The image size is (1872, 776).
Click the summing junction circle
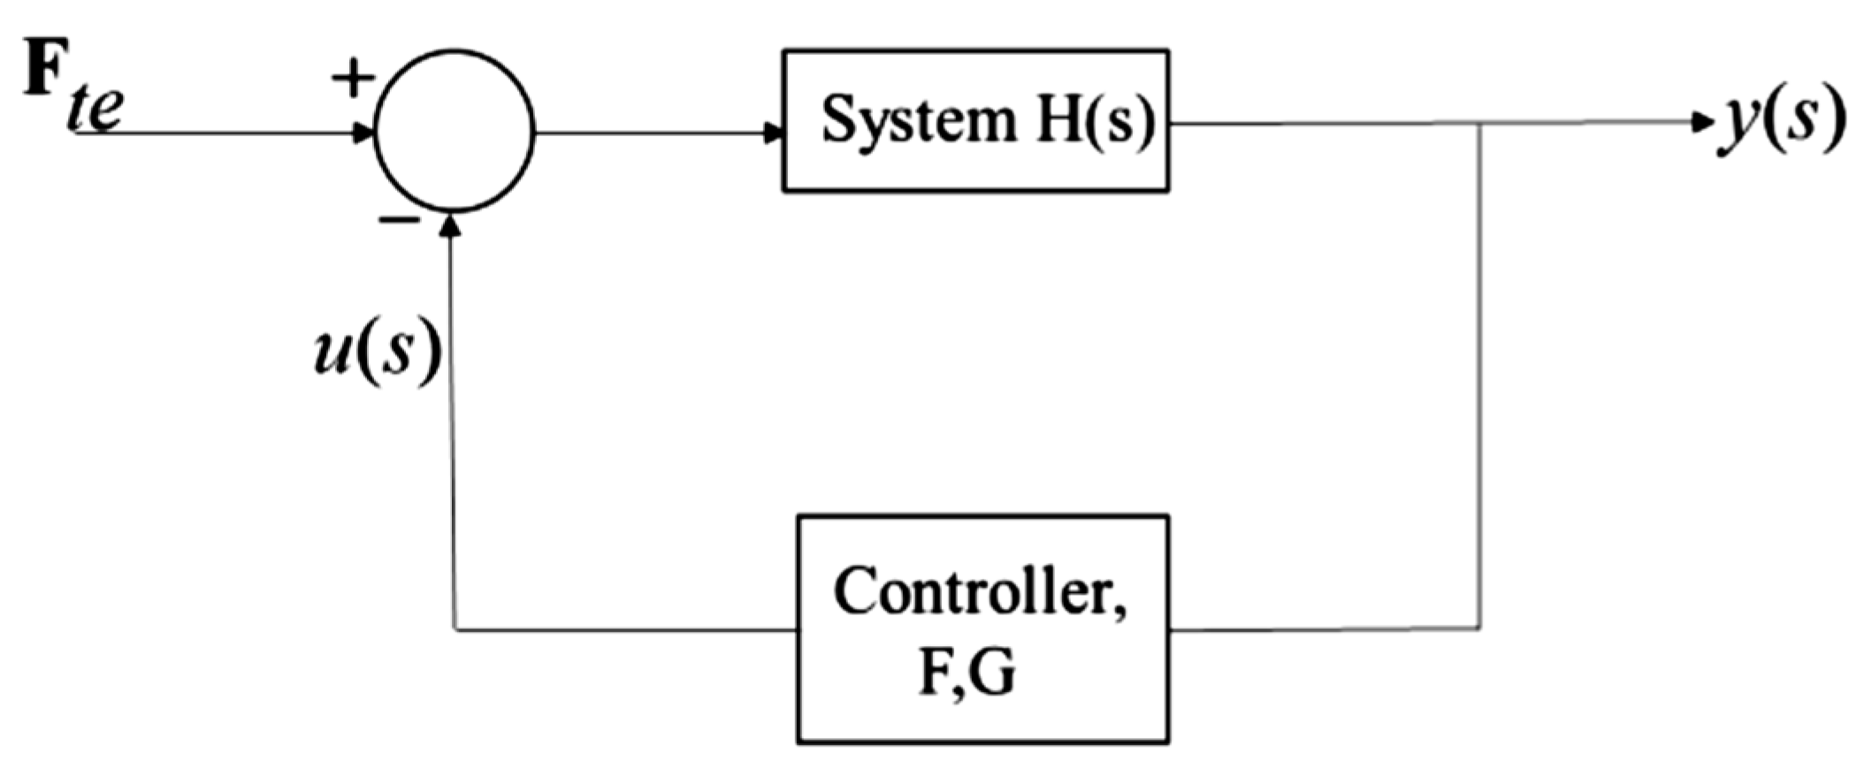454,132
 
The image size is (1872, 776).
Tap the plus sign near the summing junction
353,78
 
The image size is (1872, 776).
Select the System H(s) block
975,121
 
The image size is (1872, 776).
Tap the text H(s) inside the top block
1096,119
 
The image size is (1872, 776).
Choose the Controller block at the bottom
982,628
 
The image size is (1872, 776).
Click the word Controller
980,593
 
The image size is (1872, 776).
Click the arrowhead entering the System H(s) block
774,133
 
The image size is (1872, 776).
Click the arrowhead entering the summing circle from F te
363,133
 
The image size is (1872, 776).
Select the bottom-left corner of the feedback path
455,629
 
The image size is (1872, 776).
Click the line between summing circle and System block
654,133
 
